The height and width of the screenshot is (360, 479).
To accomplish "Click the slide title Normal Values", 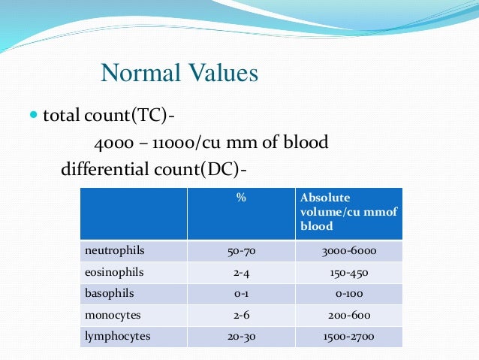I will [179, 74].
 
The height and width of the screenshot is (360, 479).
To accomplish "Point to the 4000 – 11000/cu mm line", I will [211, 143].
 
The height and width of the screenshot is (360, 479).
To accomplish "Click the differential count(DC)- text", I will [154, 168].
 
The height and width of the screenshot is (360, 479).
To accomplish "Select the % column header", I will [241, 198].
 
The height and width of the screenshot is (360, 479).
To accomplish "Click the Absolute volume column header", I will [348, 211].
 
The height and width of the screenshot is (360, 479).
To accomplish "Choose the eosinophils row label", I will [114, 272].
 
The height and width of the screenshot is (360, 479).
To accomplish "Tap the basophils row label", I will [110, 294].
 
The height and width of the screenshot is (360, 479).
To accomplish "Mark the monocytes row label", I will [112, 315].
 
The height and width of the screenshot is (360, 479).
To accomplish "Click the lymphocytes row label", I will [117, 336].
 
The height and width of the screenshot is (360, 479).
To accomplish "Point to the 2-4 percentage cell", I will [241, 273].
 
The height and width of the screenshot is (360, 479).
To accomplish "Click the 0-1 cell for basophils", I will [241, 294].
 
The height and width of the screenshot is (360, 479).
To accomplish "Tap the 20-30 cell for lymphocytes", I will [241, 337].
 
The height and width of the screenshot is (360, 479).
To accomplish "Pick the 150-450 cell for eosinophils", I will [348, 273].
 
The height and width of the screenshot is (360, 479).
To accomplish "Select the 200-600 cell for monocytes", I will [348, 316].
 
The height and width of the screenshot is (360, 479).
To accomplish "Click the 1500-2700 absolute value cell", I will [348, 337].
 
